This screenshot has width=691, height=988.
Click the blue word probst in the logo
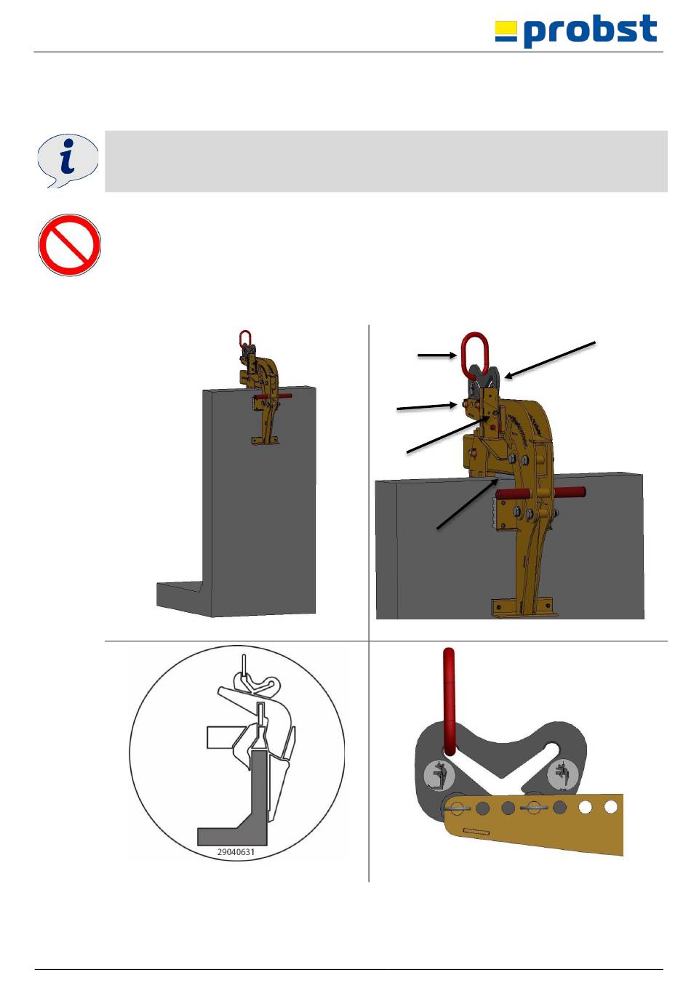[591, 31]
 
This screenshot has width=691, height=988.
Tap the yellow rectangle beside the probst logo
[506, 28]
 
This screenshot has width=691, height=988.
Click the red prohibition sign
[69, 245]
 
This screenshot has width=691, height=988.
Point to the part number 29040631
[236, 852]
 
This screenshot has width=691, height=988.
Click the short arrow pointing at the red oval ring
[437, 355]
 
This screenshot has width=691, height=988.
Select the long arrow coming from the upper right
[550, 360]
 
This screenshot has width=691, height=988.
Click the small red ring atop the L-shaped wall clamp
[245, 339]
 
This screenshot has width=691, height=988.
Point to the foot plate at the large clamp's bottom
[523, 606]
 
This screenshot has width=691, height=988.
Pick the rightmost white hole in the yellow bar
[611, 806]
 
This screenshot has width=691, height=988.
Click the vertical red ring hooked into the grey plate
[450, 702]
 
